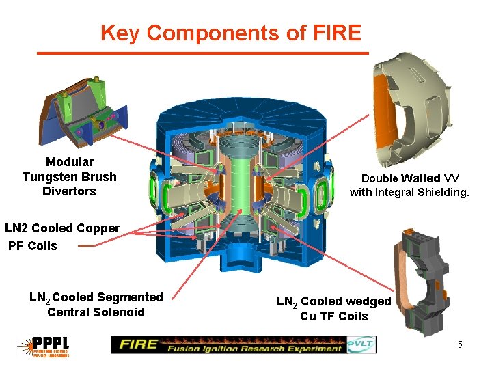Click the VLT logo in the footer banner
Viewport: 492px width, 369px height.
tap(361, 345)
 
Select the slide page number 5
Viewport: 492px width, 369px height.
tap(460, 345)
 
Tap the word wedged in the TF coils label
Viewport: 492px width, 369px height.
tap(366, 301)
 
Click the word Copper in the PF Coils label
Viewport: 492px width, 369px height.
tap(95, 228)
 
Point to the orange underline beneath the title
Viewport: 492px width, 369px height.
tap(202, 53)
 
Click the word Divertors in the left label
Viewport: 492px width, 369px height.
tap(69, 191)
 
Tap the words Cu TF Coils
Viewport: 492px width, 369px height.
tap(333, 316)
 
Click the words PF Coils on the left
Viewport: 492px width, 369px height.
tap(33, 245)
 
